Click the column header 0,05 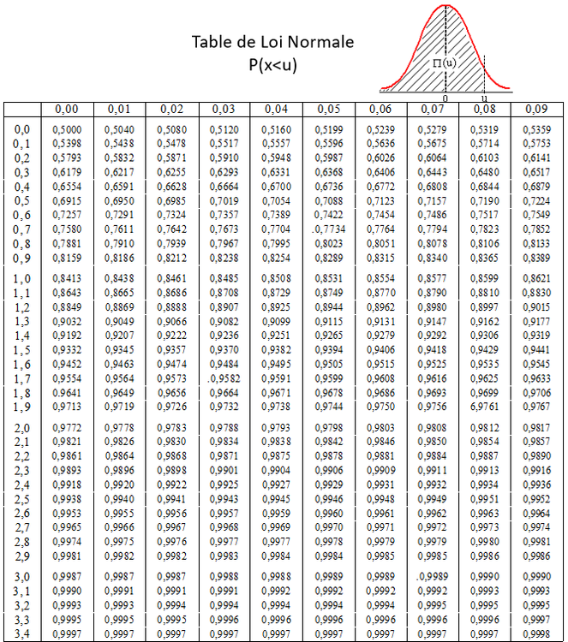pyautogui.click(x=328, y=109)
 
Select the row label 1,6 pyautogui.click(x=22, y=364)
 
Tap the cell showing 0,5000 pyautogui.click(x=68, y=129)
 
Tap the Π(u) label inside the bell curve pyautogui.click(x=445, y=62)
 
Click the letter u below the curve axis pyautogui.click(x=485, y=99)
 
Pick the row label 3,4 pyautogui.click(x=22, y=633)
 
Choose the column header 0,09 pyautogui.click(x=536, y=109)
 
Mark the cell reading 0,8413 pyautogui.click(x=68, y=278)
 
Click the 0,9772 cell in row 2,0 pyautogui.click(x=68, y=426)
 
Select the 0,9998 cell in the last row pyautogui.click(x=536, y=633)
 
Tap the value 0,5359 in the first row pyautogui.click(x=536, y=129)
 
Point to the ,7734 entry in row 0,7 pyautogui.click(x=328, y=229)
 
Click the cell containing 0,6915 pyautogui.click(x=68, y=200)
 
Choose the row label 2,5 pyautogui.click(x=22, y=499)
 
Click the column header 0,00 pyautogui.click(x=66, y=109)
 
